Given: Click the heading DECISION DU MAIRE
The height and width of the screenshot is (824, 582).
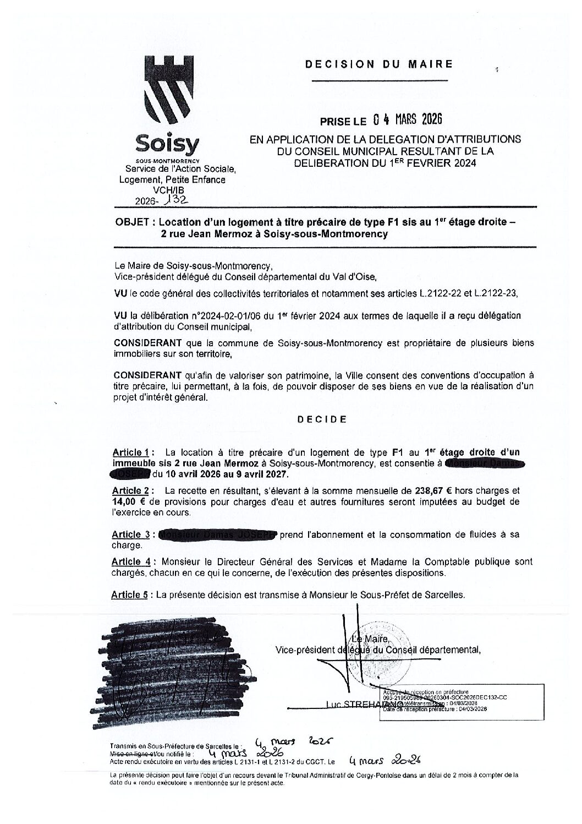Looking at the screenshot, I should click(379, 64).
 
